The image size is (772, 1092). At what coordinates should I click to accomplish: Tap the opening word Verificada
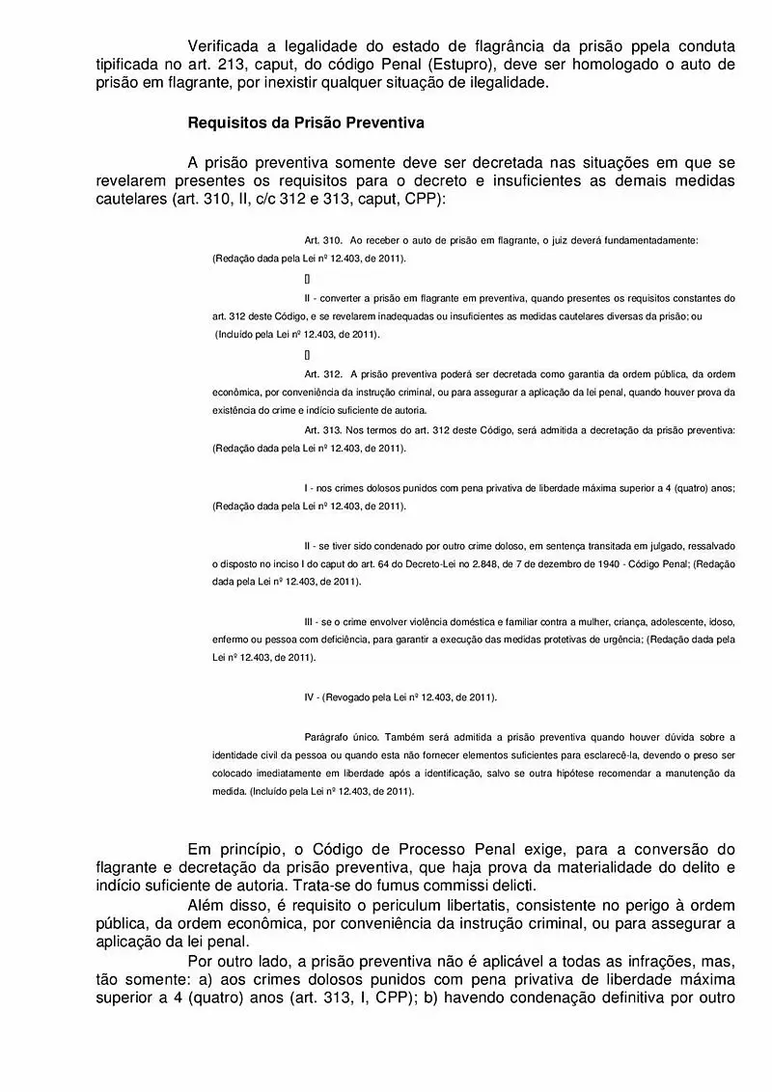[x=228, y=46]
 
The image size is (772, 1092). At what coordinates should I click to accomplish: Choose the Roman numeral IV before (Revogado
[x=309, y=696]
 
